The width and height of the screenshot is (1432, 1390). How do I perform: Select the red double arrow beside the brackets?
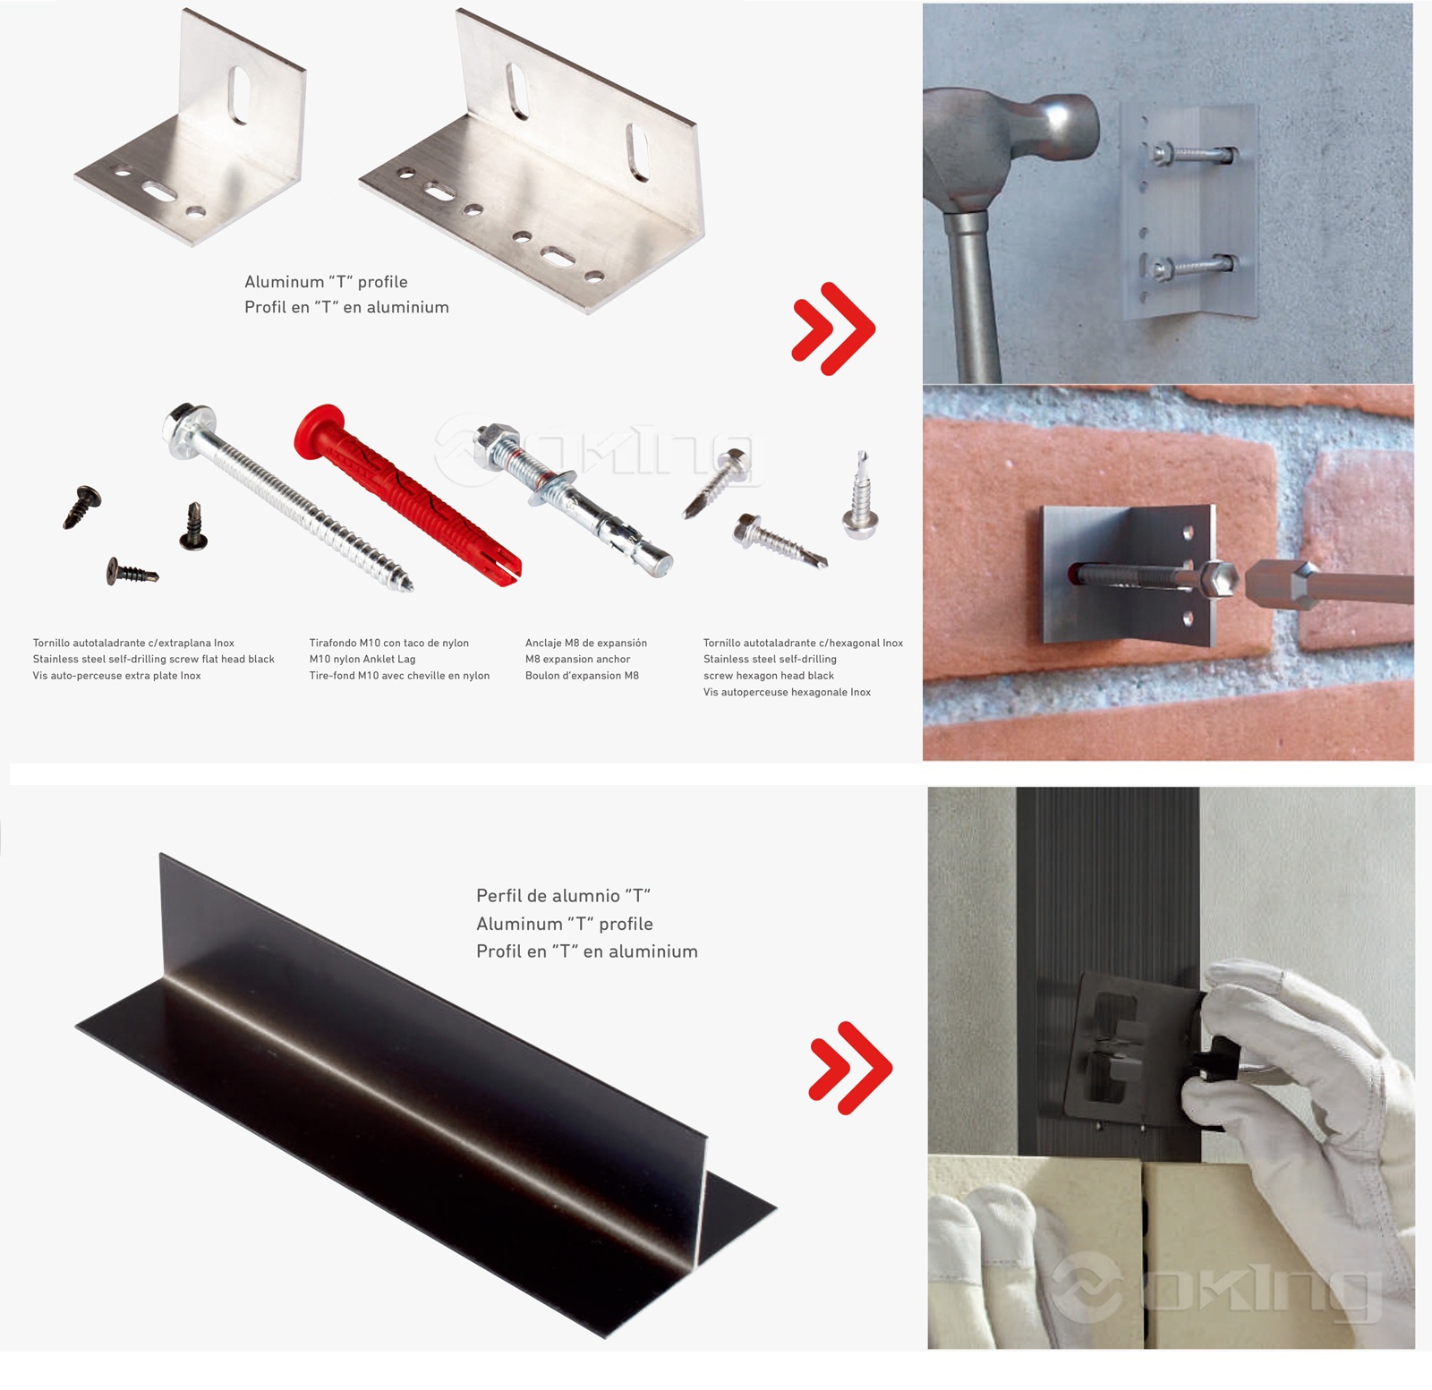tap(833, 328)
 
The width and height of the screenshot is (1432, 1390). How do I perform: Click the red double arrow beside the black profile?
tap(850, 1068)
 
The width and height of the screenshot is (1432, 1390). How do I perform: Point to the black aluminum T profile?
tap(426, 1097)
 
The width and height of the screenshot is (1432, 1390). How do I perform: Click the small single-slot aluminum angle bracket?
tap(191, 127)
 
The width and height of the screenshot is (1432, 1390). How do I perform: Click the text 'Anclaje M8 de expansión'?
tap(586, 643)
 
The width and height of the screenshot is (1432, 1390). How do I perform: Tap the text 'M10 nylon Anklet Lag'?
tap(362, 659)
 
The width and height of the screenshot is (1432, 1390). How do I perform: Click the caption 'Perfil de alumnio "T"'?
tap(563, 895)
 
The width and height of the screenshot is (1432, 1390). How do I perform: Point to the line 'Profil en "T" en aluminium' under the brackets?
tap(346, 307)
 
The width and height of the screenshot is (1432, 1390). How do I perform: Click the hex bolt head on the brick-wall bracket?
tap(1219, 582)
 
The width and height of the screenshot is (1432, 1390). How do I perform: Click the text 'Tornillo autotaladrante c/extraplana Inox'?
tap(133, 643)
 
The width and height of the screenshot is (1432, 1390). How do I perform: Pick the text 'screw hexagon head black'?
tap(769, 676)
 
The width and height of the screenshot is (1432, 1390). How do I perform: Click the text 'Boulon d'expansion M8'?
tap(582, 676)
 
